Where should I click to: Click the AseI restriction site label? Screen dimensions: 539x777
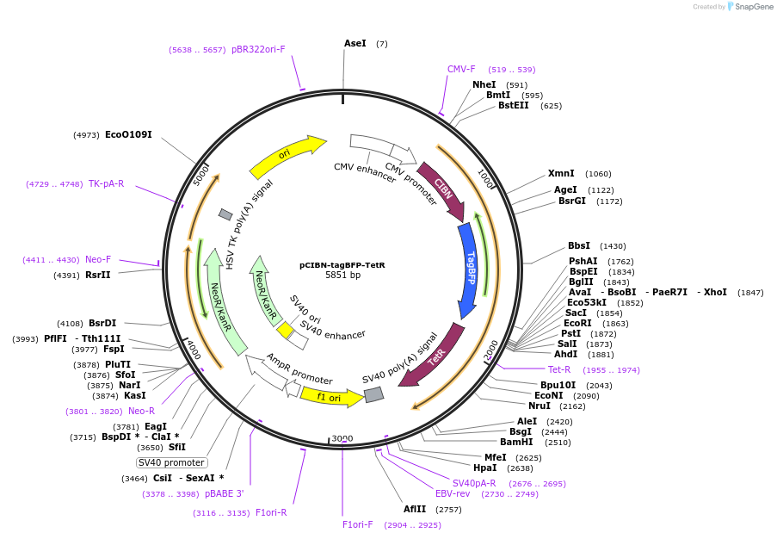[x=355, y=43]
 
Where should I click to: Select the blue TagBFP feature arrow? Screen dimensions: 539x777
[x=469, y=270]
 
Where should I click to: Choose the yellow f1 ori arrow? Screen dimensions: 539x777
[x=327, y=397]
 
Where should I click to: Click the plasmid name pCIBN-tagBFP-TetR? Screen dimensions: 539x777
[x=342, y=265]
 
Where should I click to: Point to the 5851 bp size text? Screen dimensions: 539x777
[x=342, y=276]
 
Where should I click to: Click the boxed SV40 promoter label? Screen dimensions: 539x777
[x=171, y=462]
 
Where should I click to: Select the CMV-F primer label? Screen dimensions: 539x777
[x=461, y=69]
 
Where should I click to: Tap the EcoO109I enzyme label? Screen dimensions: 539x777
[x=128, y=134]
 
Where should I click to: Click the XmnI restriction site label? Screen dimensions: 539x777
[x=561, y=173]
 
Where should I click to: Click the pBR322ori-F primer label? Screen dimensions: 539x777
[x=258, y=49]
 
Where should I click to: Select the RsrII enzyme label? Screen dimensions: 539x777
[x=98, y=275]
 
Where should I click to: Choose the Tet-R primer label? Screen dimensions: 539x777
[x=559, y=369]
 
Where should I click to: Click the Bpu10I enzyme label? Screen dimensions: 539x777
[x=558, y=384]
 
